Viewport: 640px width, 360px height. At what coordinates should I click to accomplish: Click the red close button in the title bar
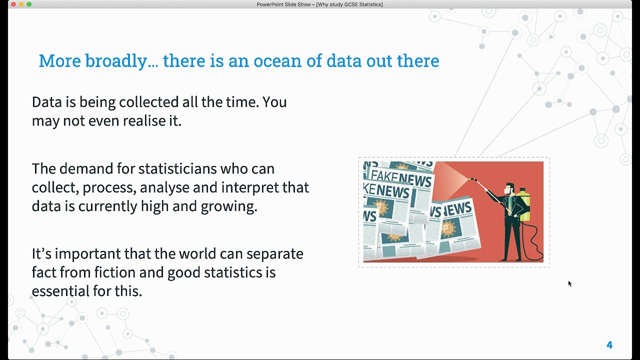(x=13, y=4)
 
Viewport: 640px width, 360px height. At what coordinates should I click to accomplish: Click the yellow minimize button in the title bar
(x=21, y=4)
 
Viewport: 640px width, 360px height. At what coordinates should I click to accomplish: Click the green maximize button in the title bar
(x=29, y=4)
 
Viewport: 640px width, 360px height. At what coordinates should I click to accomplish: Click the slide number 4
(x=609, y=345)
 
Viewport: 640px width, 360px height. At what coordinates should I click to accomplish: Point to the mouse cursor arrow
(x=569, y=283)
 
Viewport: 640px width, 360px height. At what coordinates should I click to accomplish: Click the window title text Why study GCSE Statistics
(x=349, y=4)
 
